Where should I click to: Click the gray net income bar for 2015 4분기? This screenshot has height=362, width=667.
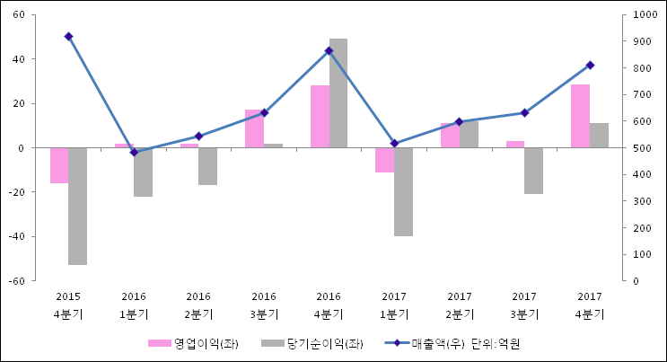pyautogui.click(x=78, y=206)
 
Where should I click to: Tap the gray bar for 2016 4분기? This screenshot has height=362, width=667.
pyautogui.click(x=338, y=93)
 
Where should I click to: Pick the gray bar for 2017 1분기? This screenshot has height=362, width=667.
pyautogui.click(x=403, y=191)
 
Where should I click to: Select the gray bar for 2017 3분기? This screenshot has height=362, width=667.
pyautogui.click(x=533, y=171)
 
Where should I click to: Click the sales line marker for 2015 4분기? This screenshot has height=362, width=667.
pyautogui.click(x=68, y=37)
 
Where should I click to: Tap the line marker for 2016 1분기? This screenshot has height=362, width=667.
pyautogui.click(x=134, y=153)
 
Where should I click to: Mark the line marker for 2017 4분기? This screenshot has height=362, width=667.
pyautogui.click(x=590, y=66)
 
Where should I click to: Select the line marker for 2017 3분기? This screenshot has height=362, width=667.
pyautogui.click(x=524, y=113)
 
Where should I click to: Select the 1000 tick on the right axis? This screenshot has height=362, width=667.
pyautogui.click(x=644, y=15)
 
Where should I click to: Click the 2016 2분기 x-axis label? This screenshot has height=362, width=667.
pyautogui.click(x=198, y=305)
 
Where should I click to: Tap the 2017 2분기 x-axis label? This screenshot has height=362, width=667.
pyautogui.click(x=459, y=305)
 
